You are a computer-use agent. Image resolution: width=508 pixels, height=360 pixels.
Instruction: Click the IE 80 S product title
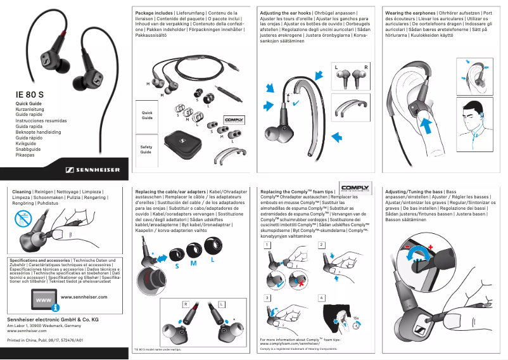(34, 95)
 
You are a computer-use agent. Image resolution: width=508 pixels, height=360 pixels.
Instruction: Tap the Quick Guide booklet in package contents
(147, 115)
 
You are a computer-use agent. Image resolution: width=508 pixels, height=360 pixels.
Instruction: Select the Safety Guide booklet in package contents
(146, 149)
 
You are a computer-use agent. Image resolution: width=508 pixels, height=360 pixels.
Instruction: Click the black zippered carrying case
(184, 143)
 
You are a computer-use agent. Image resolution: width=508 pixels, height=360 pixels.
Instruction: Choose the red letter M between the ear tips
(193, 263)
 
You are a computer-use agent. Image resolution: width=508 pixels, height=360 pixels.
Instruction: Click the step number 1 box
(267, 245)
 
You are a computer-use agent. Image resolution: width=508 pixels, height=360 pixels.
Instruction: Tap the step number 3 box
(267, 297)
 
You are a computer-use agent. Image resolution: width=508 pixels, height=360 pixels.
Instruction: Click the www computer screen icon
(44, 299)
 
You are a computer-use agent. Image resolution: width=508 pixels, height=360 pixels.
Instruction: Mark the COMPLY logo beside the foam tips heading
(357, 188)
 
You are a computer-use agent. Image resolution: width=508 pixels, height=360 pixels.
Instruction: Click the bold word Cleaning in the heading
(22, 191)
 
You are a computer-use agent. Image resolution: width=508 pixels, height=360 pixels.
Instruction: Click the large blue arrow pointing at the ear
(429, 126)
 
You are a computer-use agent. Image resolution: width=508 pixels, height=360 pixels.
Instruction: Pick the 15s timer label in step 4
(355, 318)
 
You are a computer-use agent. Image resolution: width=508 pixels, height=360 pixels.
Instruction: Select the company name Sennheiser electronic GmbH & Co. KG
(48, 319)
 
